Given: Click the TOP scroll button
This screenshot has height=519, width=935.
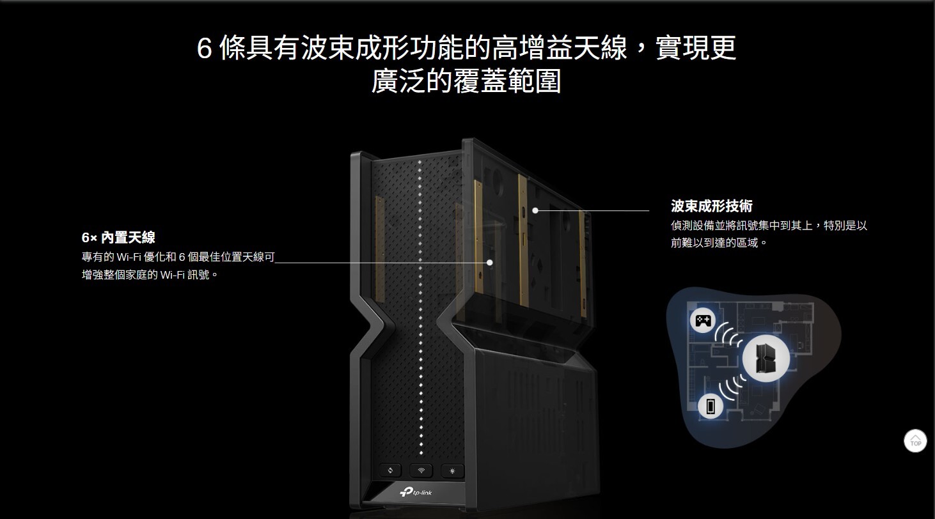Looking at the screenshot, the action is [915, 440].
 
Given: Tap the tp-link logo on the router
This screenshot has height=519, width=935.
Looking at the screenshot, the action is [416, 492].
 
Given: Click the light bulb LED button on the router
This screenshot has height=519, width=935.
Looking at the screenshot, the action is [453, 471].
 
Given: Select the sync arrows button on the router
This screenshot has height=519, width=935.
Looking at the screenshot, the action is [390, 471].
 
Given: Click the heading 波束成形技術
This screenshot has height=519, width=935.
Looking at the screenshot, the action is [711, 206].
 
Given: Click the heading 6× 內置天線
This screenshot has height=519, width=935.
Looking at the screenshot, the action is [118, 238].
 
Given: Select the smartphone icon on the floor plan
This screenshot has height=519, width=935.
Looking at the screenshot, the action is [710, 406].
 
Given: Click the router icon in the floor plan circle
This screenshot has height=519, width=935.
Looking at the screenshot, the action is [766, 358].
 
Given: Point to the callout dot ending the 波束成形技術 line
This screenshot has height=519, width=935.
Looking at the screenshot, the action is [535, 210].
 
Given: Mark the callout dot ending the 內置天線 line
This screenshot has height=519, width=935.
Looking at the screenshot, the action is [489, 262].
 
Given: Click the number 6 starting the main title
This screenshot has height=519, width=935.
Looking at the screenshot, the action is [204, 49].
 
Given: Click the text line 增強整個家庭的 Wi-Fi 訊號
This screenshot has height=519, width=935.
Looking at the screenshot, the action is [150, 275].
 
